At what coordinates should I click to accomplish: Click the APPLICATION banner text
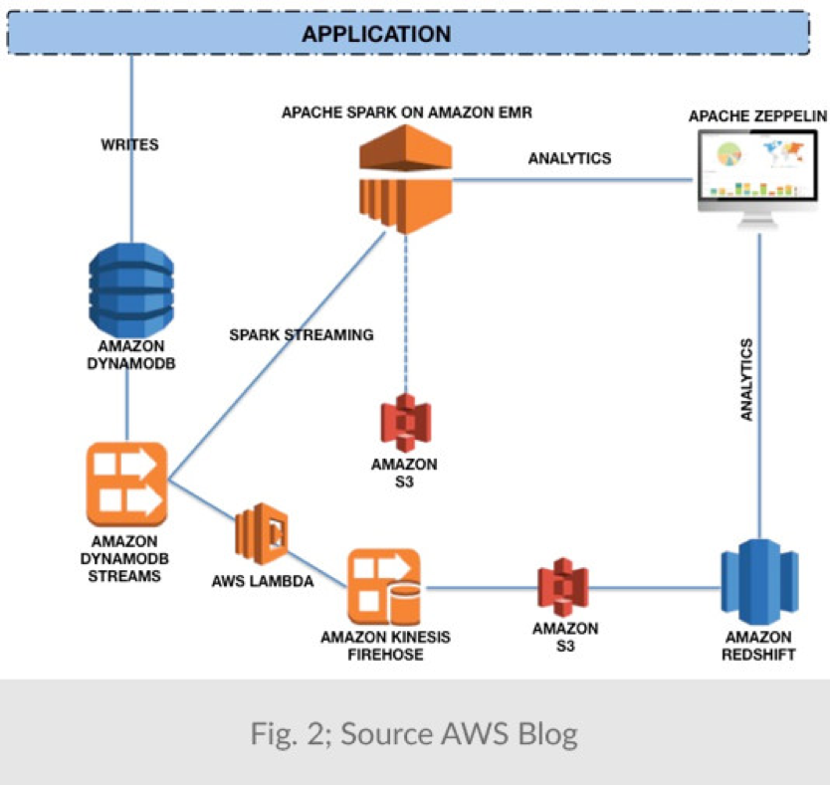point(376,34)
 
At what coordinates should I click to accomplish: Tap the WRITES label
point(129,144)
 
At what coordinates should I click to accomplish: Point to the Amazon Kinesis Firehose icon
point(383,587)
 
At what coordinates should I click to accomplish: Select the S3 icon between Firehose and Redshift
point(564,588)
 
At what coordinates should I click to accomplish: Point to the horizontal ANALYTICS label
point(569,158)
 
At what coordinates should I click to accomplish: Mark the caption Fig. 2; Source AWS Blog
point(414,734)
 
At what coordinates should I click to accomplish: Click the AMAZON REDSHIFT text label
point(759,646)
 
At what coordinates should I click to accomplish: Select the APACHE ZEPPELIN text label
point(757,116)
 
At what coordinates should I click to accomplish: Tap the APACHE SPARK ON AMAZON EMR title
point(406,112)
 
